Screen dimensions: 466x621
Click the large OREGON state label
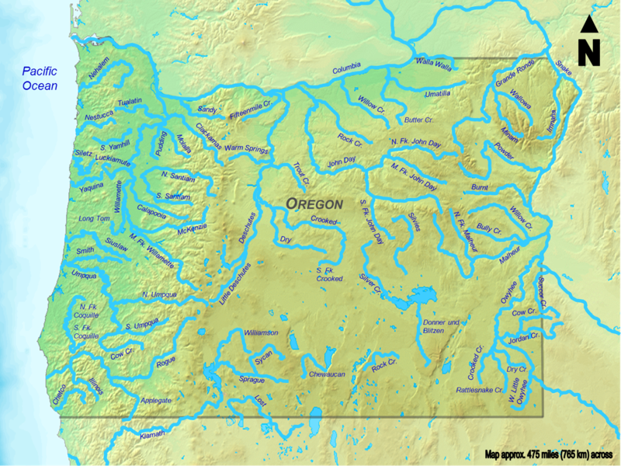pyautogui.click(x=314, y=203)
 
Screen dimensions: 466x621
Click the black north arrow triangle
pyautogui.click(x=589, y=25)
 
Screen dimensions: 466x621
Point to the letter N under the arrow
pyautogui.click(x=589, y=53)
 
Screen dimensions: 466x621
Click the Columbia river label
pyautogui.click(x=348, y=71)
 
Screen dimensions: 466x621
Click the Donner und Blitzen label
pyautogui.click(x=442, y=326)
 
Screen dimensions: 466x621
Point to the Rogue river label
pyautogui.click(x=166, y=361)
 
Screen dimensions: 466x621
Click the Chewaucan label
pyautogui.click(x=326, y=374)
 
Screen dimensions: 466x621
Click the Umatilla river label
pyautogui.click(x=438, y=93)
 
